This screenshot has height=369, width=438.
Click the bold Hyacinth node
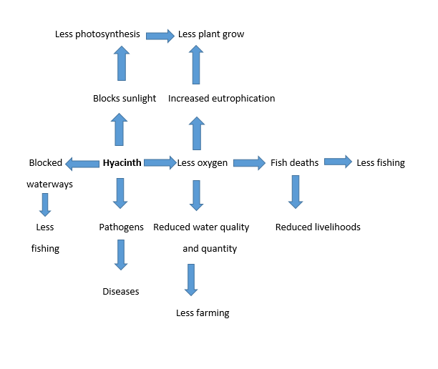[x=122, y=163]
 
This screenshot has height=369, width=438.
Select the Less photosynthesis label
[x=97, y=34]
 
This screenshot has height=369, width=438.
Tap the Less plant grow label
[x=211, y=34]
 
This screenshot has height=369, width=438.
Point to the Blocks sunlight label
[x=125, y=99]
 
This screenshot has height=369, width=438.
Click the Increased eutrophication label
[x=221, y=99]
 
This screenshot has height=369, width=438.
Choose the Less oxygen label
[x=203, y=163]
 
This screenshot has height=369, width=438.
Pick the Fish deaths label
[x=294, y=163]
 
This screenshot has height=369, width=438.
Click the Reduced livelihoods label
[x=318, y=227]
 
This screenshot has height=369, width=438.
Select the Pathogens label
[x=120, y=227]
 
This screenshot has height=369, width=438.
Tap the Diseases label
[x=120, y=292]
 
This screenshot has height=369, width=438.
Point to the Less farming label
[x=203, y=313]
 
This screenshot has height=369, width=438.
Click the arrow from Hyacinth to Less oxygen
[x=160, y=163]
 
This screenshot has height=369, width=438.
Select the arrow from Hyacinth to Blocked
[x=82, y=164]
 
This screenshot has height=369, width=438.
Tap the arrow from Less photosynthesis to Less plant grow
[x=161, y=34]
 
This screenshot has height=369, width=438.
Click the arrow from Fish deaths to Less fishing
[x=338, y=162]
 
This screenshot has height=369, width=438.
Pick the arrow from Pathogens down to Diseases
[x=121, y=255]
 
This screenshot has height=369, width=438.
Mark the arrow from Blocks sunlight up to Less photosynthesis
[x=121, y=64]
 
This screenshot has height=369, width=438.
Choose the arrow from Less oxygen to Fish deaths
[x=249, y=163]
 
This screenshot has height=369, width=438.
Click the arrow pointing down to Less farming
[x=190, y=279]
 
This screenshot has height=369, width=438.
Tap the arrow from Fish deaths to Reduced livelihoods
[x=294, y=192]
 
